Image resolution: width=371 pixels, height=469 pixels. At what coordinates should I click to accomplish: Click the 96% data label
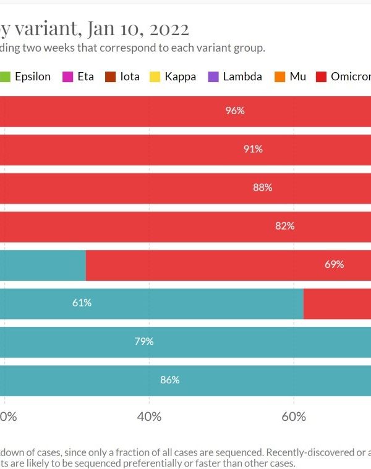tap(236, 111)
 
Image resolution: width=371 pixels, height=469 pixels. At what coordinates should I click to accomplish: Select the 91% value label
tap(253, 149)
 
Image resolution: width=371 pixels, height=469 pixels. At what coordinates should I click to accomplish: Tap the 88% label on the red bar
tap(263, 188)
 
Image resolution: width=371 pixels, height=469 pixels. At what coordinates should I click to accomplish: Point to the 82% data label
tap(285, 226)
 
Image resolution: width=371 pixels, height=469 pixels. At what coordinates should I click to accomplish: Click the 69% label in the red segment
tap(334, 264)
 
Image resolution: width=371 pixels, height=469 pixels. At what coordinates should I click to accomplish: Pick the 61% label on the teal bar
tap(82, 303)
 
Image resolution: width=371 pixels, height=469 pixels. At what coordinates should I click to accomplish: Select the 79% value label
tap(144, 341)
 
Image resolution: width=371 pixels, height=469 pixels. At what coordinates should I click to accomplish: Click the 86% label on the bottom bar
tap(169, 380)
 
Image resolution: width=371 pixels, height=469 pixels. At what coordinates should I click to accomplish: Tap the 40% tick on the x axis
tap(149, 417)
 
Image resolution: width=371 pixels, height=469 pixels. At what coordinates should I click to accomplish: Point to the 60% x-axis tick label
tap(294, 417)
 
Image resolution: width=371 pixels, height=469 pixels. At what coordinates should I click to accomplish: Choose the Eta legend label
tap(85, 77)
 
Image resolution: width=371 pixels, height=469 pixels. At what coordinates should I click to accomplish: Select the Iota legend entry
tap(130, 77)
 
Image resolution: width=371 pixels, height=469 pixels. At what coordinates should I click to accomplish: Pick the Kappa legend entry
tap(180, 77)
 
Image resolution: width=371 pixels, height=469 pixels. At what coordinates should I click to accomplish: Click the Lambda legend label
tap(242, 77)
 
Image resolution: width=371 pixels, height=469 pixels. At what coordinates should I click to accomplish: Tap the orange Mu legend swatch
tap(279, 77)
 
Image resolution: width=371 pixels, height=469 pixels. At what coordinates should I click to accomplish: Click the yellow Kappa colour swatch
tap(155, 77)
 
